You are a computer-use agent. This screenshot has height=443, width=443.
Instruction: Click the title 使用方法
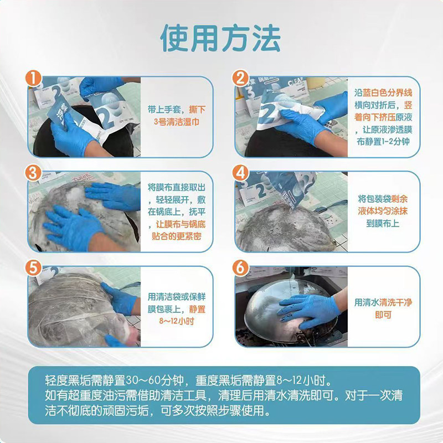pos(220,38)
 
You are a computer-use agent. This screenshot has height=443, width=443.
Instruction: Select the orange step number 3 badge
pos(35,173)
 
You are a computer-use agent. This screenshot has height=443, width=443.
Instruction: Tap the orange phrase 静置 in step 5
pos(197,307)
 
